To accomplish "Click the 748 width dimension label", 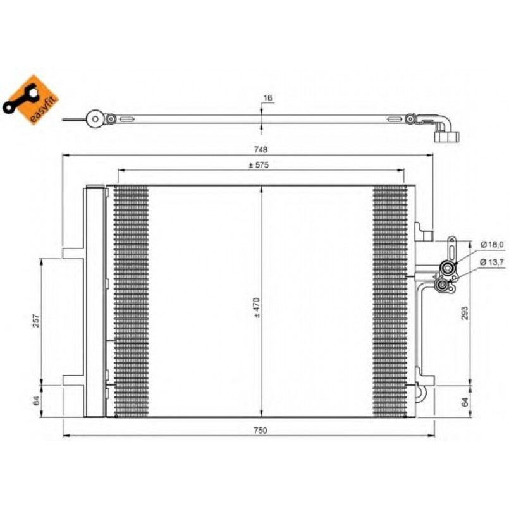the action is pos(261,150).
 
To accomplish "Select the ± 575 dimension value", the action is pos(259,165).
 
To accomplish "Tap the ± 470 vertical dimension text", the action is pos(257,307).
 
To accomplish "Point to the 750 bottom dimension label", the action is pos(261,431).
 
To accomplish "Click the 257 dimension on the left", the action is pos(37,321).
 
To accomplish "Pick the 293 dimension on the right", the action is pos(465,313).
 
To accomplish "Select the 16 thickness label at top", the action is pos(268,98).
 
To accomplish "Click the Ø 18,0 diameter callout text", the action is pos(492,245).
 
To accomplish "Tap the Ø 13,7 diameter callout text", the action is pos(492,262).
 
